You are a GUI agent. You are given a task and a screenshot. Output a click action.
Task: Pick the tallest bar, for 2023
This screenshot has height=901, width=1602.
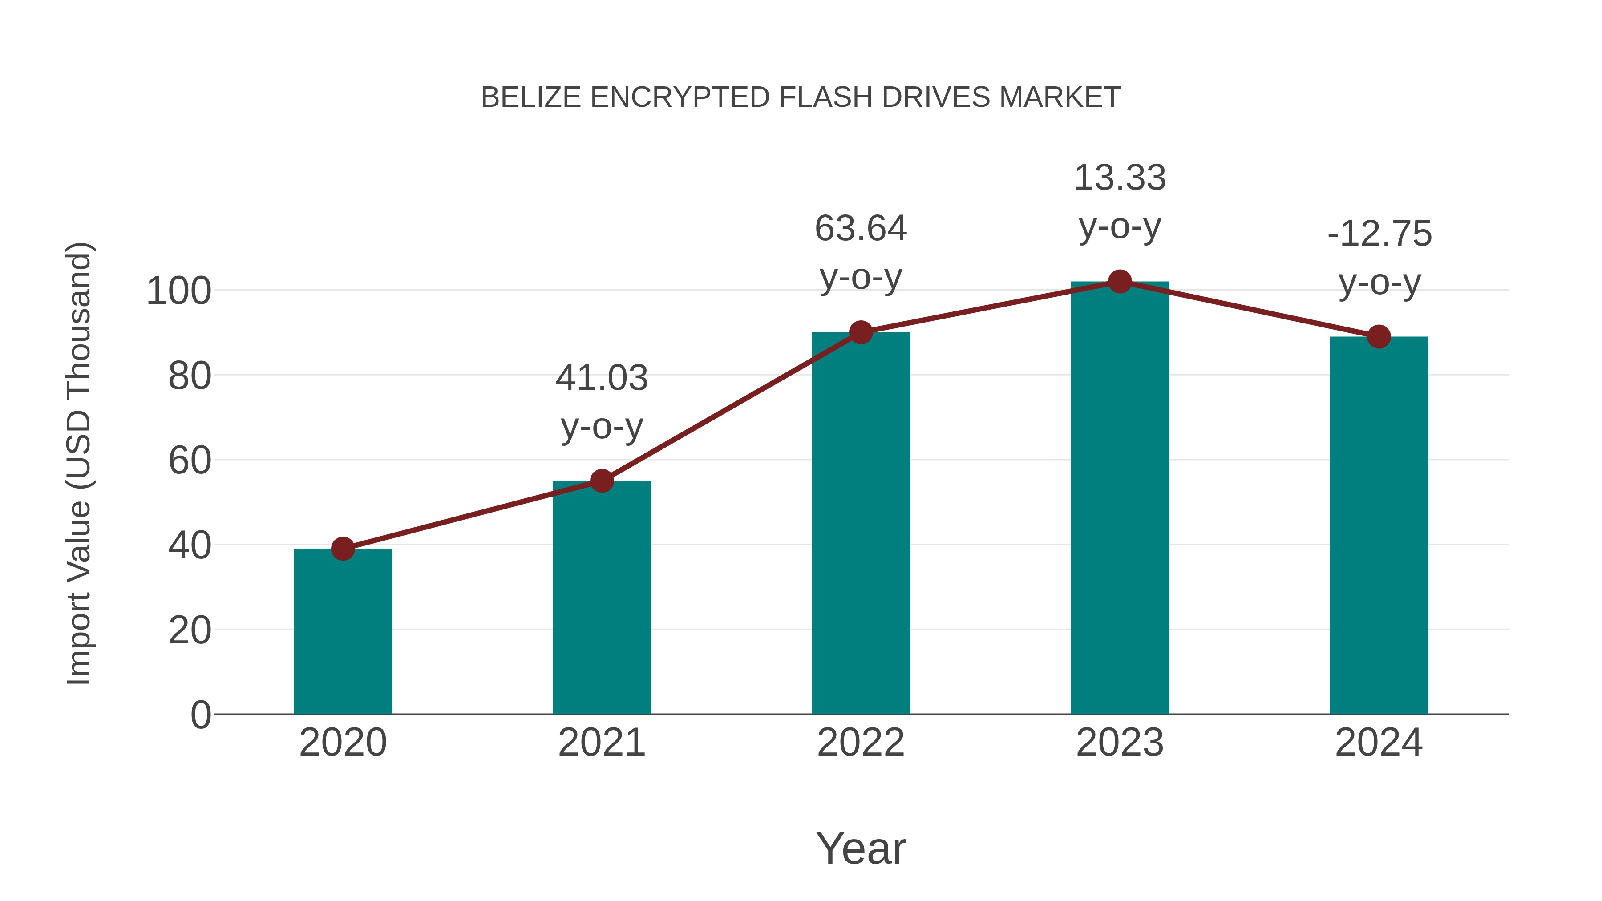tap(1120, 497)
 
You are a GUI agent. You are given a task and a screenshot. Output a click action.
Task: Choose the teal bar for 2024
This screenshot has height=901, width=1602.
tap(1379, 525)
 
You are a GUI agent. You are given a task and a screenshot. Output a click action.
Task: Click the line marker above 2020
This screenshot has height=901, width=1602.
tap(343, 549)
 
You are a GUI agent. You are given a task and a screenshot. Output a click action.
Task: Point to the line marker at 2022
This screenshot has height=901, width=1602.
tap(861, 333)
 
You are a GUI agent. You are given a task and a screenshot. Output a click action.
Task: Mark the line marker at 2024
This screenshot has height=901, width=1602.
tap(1379, 337)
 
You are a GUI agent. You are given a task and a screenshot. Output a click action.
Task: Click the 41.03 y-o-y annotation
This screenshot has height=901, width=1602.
tap(601, 402)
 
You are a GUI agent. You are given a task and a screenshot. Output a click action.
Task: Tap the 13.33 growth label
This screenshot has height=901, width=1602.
tap(1120, 202)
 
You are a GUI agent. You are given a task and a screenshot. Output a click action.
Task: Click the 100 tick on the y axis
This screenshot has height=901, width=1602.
tap(178, 291)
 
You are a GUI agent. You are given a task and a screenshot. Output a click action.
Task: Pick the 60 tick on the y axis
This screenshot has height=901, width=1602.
tap(190, 461)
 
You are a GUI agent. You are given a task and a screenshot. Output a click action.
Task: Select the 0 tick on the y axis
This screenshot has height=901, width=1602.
tap(200, 715)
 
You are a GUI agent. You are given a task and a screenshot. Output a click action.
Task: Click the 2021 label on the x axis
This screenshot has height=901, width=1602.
tap(601, 743)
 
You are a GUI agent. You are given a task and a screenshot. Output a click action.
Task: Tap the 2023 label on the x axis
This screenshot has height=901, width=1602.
tap(1120, 743)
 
